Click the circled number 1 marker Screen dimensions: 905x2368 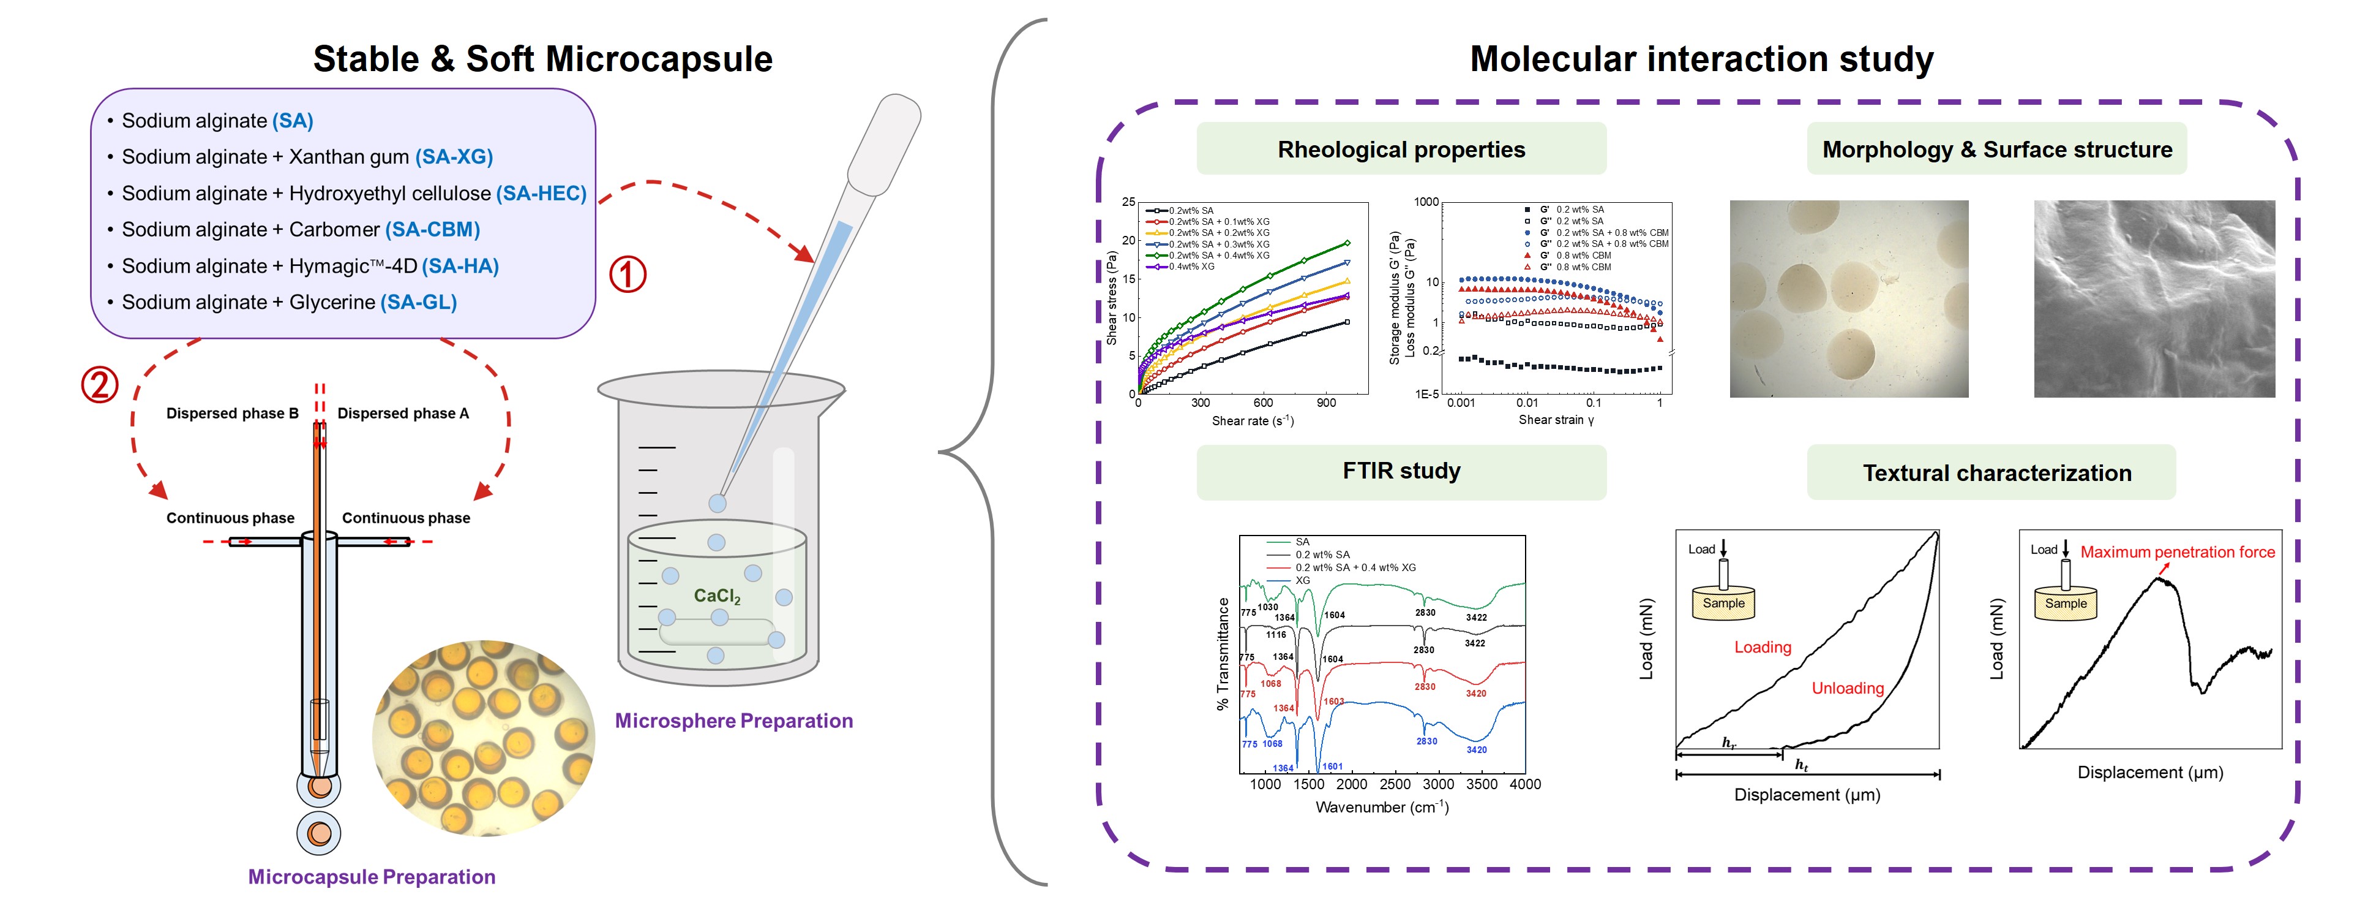pyautogui.click(x=628, y=274)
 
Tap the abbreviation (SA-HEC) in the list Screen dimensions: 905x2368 pyautogui.click(x=541, y=193)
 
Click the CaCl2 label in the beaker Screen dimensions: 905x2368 pyautogui.click(x=717, y=596)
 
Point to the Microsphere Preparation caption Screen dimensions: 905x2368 pyautogui.click(x=733, y=721)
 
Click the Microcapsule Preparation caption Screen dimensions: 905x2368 pyautogui.click(x=372, y=876)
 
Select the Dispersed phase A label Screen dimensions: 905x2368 pyautogui.click(x=403, y=413)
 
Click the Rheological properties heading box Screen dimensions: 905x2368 pyautogui.click(x=1400, y=149)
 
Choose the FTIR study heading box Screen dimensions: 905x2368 pyautogui.click(x=1400, y=471)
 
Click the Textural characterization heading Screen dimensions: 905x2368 pyautogui.click(x=1996, y=473)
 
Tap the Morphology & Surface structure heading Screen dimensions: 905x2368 pyautogui.click(x=1996, y=149)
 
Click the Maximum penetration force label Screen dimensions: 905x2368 pyautogui.click(x=2177, y=552)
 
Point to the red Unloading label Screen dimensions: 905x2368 pyautogui.click(x=1847, y=688)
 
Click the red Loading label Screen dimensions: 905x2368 pyautogui.click(x=1762, y=646)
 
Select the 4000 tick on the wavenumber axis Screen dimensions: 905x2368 pyautogui.click(x=1524, y=784)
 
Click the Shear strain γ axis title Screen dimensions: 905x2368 pyautogui.click(x=1556, y=419)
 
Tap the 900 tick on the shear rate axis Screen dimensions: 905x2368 pyautogui.click(x=1325, y=403)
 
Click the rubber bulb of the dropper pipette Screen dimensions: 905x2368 pyautogui.click(x=884, y=143)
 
